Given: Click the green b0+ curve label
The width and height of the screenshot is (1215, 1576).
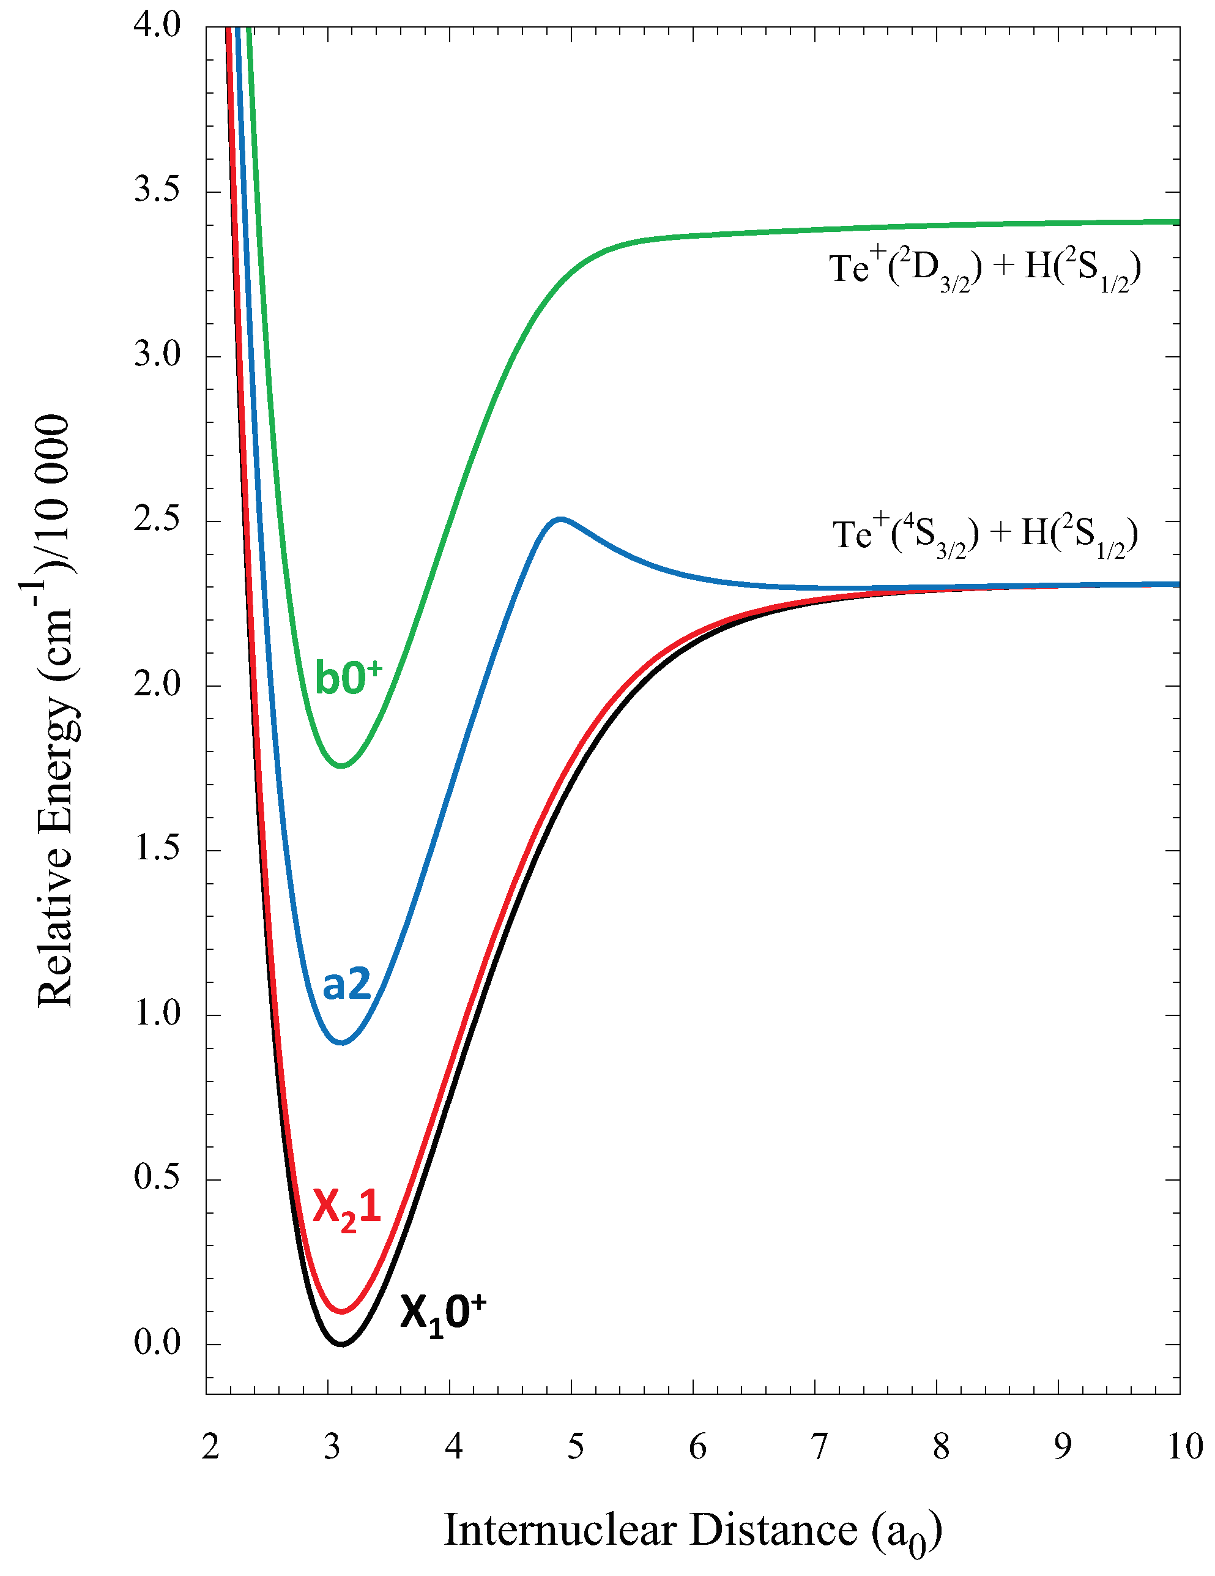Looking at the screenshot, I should click(x=347, y=678).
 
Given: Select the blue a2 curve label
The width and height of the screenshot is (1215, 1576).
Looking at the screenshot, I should click(x=346, y=984).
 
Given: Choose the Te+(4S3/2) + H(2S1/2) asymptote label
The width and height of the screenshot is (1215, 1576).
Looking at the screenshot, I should click(x=984, y=537).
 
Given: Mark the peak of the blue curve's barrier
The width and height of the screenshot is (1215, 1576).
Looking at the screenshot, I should click(x=560, y=518).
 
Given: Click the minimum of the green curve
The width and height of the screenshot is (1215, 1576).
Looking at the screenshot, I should click(x=341, y=766).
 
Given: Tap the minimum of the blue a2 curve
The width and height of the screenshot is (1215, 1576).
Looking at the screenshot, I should click(x=342, y=1043).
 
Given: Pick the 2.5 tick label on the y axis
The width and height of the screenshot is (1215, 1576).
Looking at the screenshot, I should click(x=157, y=520).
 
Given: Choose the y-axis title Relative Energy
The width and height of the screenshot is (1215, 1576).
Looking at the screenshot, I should click(x=54, y=711).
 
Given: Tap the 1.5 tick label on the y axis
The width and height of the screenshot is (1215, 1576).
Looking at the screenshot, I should click(x=157, y=850).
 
